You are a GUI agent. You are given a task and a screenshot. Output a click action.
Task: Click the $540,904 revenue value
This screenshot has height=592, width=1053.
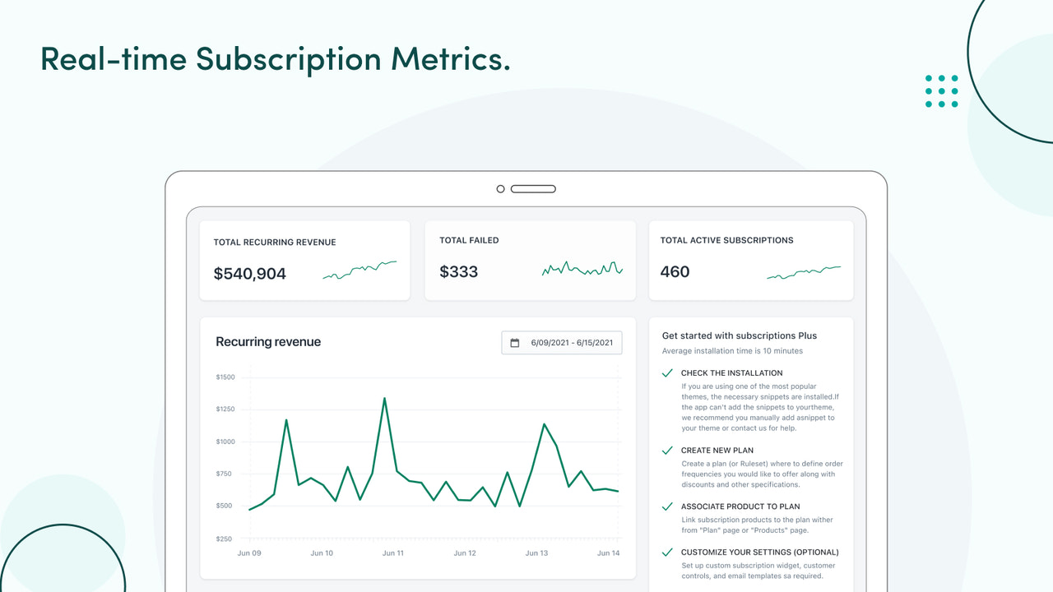[249, 274]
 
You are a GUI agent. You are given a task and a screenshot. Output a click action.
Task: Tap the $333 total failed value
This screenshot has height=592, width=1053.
[458, 272]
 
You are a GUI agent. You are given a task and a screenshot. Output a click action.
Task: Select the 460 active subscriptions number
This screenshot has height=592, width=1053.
[675, 272]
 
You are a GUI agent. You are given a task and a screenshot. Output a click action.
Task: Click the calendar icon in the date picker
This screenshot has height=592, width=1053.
[515, 343]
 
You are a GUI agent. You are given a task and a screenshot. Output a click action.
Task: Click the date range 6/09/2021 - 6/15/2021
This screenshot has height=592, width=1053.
[571, 343]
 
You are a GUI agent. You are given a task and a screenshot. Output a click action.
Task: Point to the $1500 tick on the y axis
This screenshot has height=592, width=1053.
[225, 377]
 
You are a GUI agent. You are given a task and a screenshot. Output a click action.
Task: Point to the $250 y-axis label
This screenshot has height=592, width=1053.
[225, 539]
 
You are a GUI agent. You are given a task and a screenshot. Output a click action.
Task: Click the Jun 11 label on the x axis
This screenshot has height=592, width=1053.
[393, 553]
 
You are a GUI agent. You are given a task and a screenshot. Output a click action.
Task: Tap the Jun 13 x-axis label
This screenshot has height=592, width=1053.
[537, 553]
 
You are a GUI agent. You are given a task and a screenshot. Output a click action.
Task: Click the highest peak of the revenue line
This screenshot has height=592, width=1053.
[384, 399]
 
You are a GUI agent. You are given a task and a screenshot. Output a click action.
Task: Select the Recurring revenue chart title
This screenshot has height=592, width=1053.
[268, 342]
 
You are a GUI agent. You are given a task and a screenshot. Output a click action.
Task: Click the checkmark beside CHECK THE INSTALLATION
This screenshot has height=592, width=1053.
[667, 373]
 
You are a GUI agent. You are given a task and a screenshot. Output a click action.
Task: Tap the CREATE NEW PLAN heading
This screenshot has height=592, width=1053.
[717, 451]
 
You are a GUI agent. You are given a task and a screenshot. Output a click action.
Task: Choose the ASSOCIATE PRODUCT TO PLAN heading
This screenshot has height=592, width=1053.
[740, 506]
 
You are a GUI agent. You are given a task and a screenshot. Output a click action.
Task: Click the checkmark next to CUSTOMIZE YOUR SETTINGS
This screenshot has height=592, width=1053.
[667, 553]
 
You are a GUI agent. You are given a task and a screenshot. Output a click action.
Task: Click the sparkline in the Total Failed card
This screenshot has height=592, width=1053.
[582, 269]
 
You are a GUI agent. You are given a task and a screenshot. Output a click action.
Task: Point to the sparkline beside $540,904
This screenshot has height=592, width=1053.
[360, 271]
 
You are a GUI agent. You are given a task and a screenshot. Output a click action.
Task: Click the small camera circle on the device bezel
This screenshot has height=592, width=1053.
[500, 189]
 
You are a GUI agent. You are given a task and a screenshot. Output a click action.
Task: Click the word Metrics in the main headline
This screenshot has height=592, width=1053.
[450, 59]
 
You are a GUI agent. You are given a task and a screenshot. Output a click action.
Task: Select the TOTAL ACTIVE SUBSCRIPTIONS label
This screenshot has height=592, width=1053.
[726, 241]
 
